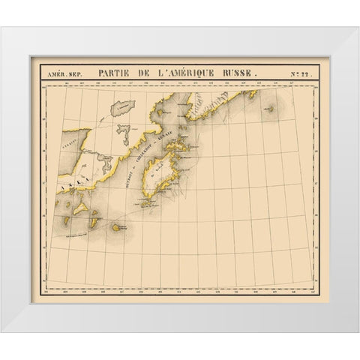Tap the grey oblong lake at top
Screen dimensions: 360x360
pos(122,108)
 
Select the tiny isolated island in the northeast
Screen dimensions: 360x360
pos(268,110)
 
